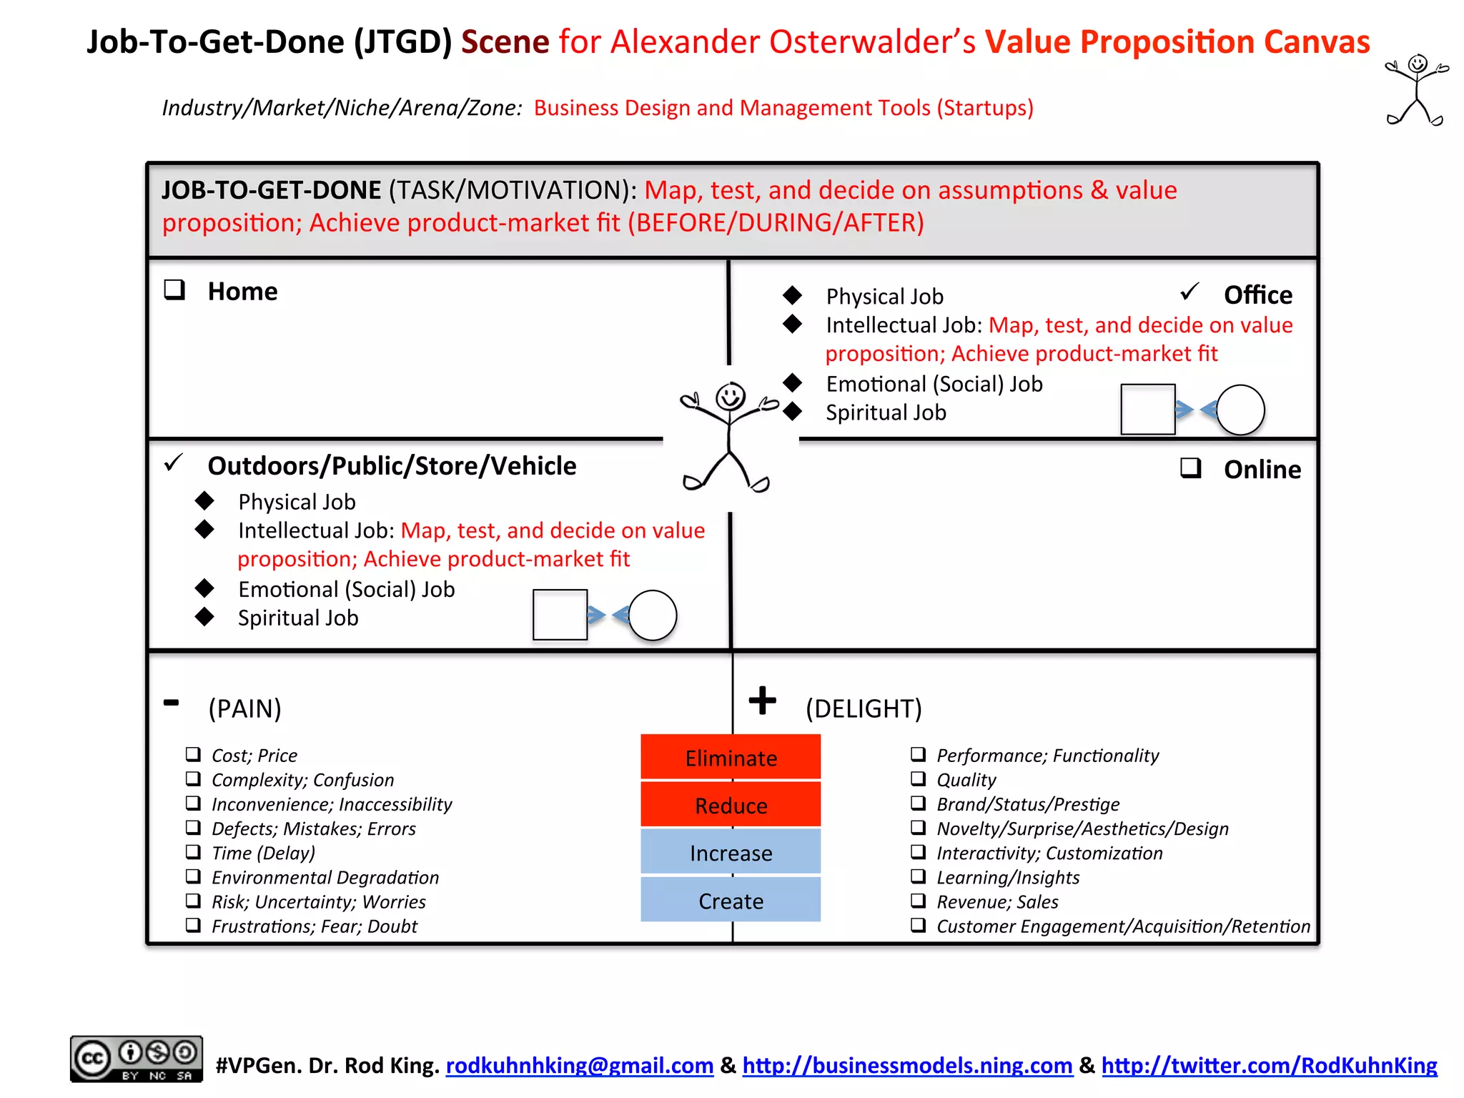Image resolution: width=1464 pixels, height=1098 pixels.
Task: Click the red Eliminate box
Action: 730,757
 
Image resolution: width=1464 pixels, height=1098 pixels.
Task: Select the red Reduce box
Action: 730,805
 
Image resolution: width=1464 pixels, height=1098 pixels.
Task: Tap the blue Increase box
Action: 730,853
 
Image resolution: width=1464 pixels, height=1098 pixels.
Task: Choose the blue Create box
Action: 730,900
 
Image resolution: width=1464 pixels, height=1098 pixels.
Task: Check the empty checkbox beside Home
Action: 174,290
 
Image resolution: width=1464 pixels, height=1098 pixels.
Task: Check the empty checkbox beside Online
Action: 1190,468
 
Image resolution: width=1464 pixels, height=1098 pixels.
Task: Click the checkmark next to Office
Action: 1189,292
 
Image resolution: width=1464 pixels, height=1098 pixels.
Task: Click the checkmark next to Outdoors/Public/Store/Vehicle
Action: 174,463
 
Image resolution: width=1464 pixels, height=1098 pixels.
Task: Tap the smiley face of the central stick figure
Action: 730,395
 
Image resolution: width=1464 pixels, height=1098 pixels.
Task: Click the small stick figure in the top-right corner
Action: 1417,90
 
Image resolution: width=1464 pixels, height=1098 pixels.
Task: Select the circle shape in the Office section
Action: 1240,410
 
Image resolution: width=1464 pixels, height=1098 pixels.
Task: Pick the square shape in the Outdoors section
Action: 560,615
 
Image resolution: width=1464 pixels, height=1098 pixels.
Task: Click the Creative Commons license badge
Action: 136,1059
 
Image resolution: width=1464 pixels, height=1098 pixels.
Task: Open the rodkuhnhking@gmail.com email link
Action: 579,1066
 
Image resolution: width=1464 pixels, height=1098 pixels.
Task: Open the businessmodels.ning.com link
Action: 907,1066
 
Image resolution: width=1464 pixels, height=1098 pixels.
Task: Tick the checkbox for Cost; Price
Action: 193,754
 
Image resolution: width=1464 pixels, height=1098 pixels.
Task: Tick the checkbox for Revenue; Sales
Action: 918,901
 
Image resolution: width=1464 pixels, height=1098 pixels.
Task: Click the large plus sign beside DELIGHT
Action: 762,700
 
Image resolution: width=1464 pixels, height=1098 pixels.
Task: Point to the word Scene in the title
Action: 505,41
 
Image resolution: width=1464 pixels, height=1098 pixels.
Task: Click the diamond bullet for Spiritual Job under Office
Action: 792,411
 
